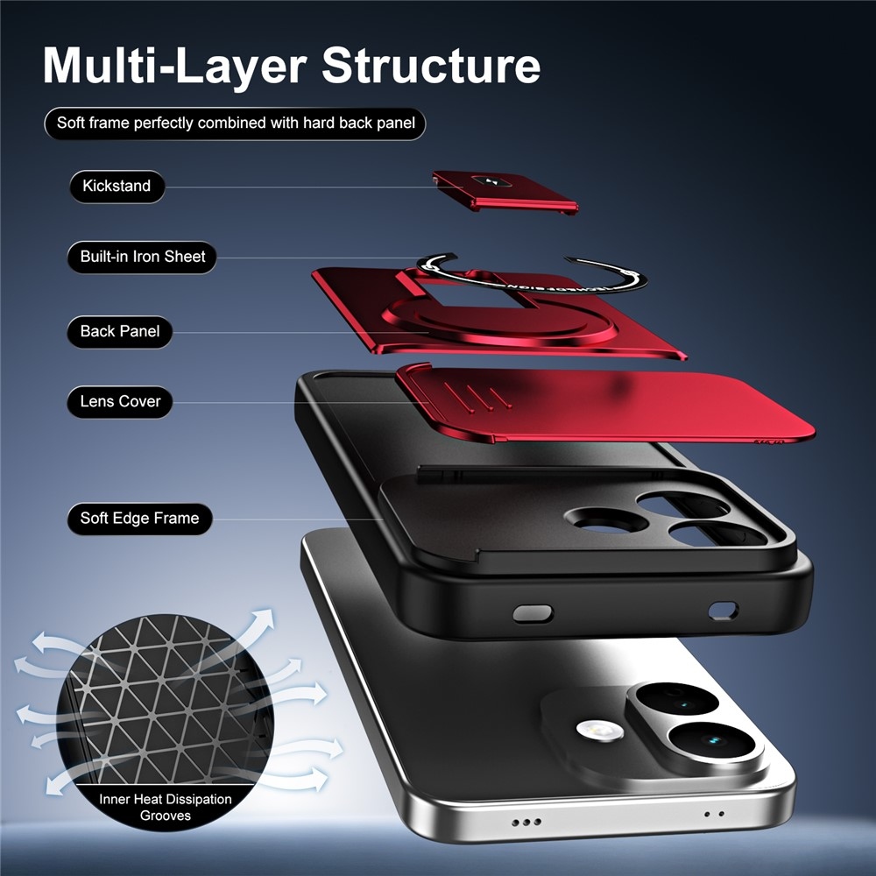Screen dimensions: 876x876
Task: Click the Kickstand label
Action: point(117,186)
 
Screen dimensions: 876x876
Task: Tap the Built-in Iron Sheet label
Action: point(142,257)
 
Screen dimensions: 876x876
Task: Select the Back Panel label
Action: point(119,332)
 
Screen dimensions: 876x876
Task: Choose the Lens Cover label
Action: point(119,402)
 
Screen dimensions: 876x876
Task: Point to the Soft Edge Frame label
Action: point(139,519)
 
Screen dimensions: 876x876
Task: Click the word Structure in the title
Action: point(431,66)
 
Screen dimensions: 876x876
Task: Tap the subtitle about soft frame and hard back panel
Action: point(235,124)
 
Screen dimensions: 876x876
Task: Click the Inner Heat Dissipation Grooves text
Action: point(166,808)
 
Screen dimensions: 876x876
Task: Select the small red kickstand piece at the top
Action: point(505,190)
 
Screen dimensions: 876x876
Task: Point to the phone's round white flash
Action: point(599,730)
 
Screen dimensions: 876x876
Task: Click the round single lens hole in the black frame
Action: point(606,520)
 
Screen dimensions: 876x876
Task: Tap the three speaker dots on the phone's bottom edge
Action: point(526,822)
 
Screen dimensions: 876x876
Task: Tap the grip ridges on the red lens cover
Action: point(476,396)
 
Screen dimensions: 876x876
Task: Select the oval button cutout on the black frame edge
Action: point(533,613)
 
